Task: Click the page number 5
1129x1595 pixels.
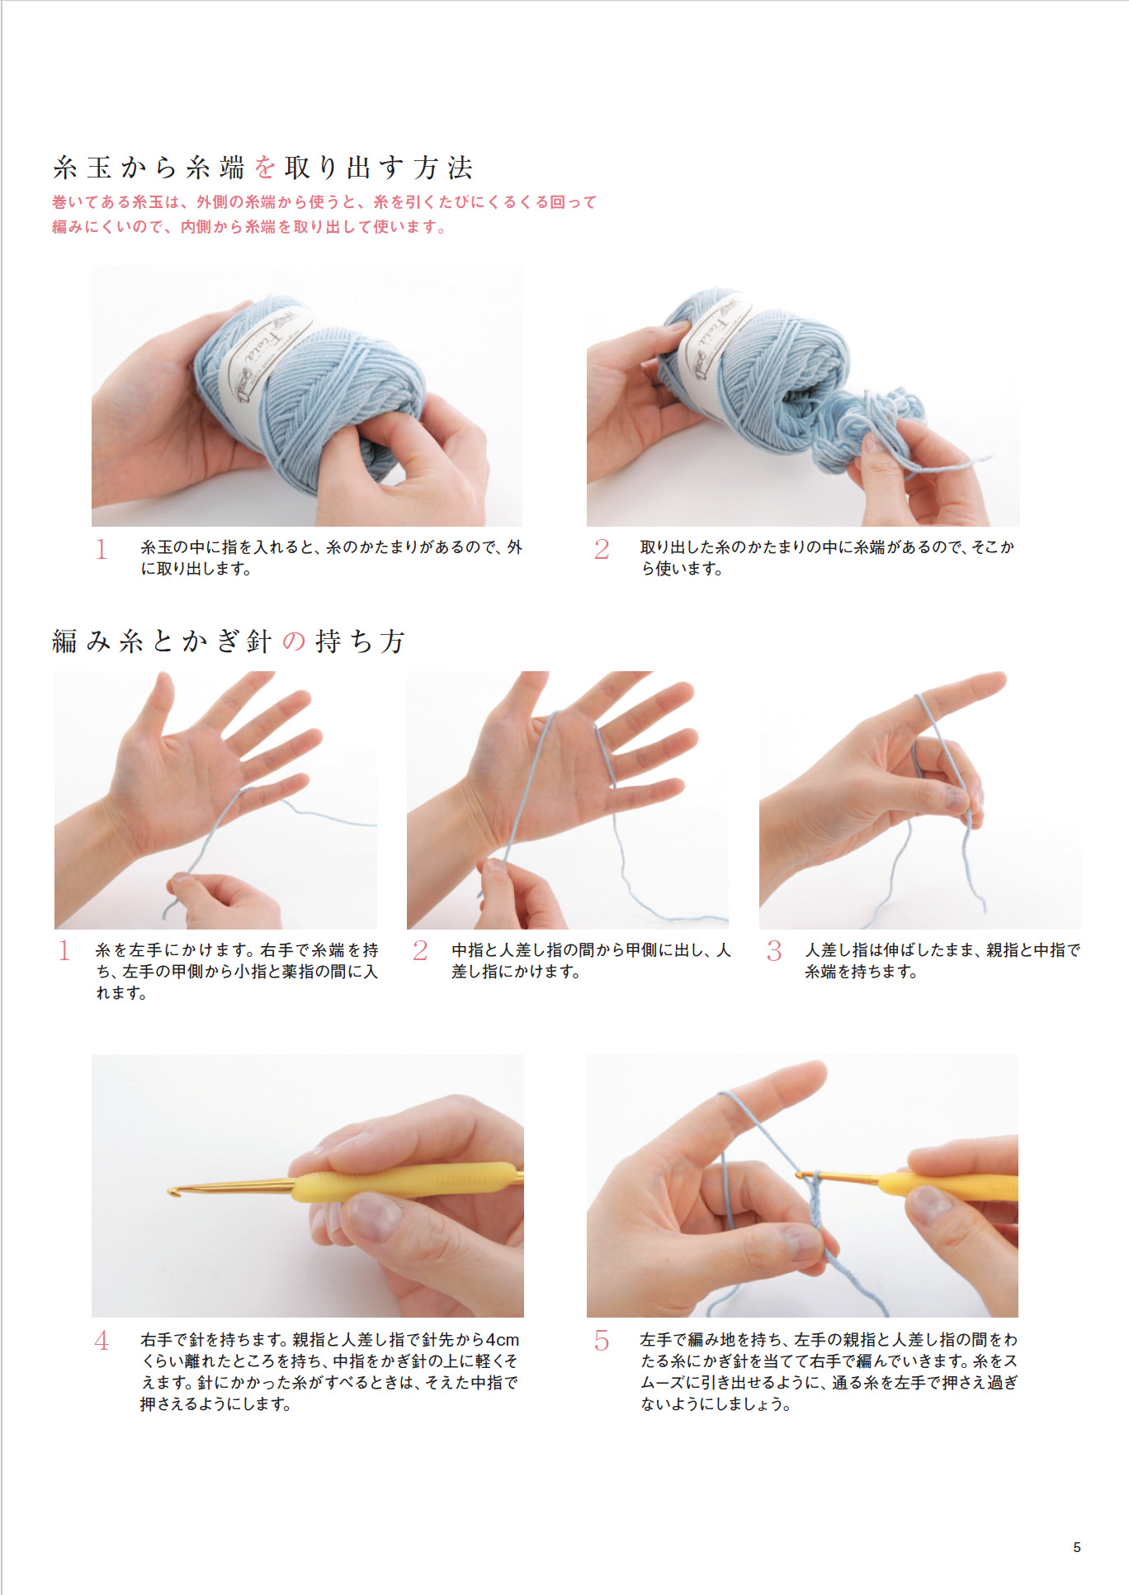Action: pyautogui.click(x=1076, y=1546)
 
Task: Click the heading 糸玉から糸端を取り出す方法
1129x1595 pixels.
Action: pyautogui.click(x=262, y=168)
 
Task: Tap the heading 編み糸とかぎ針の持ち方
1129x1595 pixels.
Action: pyautogui.click(x=229, y=641)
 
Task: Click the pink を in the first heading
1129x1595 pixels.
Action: pyautogui.click(x=265, y=168)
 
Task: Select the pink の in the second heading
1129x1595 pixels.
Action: pyautogui.click(x=294, y=641)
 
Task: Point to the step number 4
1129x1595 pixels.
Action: pyautogui.click(x=102, y=1340)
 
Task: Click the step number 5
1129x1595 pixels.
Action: pyautogui.click(x=602, y=1340)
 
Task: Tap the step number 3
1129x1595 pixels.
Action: pyautogui.click(x=773, y=950)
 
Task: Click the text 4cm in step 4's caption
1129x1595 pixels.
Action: pyautogui.click(x=502, y=1339)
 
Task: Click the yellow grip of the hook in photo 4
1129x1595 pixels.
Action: pyautogui.click(x=404, y=1181)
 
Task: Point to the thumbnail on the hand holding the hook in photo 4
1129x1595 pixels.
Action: pyautogui.click(x=371, y=1217)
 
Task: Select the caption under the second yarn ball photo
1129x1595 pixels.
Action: pyautogui.click(x=827, y=557)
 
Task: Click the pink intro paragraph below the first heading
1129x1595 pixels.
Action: pyautogui.click(x=324, y=214)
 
